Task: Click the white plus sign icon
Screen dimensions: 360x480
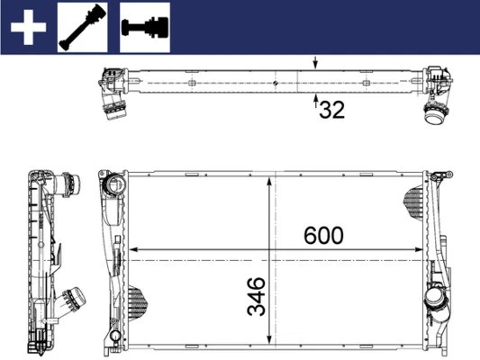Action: coord(28,27)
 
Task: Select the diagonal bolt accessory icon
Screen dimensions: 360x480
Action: coord(83,26)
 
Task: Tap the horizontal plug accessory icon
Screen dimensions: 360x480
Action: coord(145,26)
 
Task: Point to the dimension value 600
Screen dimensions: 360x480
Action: coord(322,235)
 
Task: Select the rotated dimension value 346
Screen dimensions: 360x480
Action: coord(257,296)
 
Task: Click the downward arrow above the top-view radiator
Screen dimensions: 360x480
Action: coord(315,64)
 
